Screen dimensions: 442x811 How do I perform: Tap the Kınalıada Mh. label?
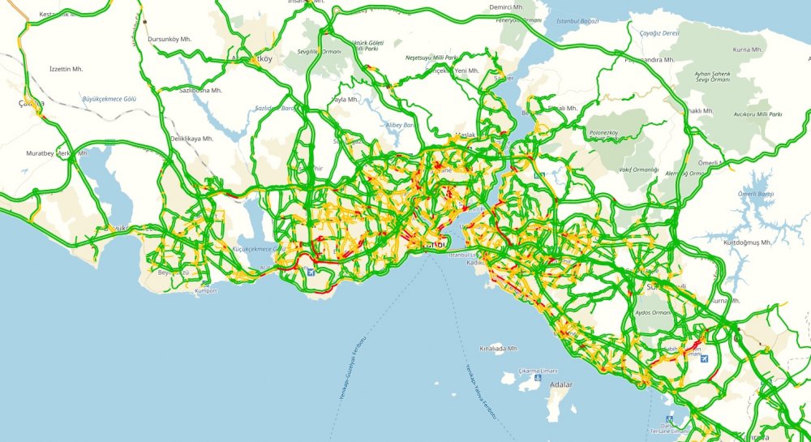pos(497,349)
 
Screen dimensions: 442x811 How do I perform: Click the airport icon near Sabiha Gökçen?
pos(702,358)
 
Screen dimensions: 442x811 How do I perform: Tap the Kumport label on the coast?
pos(207,290)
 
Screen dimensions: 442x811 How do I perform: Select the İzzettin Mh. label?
pos(66,70)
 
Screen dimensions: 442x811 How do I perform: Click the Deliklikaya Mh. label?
pos(191,139)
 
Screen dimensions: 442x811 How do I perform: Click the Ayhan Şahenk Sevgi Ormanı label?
pos(712,77)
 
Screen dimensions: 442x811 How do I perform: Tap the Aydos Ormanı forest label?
pos(653,312)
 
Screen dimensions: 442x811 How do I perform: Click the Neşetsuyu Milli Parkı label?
pos(432,58)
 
